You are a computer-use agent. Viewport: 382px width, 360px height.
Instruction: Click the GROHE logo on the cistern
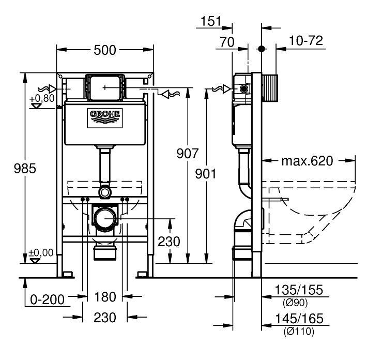click(105, 118)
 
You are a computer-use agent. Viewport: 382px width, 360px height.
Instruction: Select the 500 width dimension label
click(105, 51)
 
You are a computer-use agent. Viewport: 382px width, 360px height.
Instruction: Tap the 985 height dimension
click(25, 169)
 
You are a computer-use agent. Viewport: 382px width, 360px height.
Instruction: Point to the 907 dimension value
click(188, 154)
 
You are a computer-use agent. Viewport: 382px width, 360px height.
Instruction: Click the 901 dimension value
click(206, 174)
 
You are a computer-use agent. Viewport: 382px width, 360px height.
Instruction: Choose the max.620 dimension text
click(307, 161)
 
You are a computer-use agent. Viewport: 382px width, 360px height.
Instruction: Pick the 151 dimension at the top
click(211, 21)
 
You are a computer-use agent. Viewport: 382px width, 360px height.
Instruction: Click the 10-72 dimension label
click(306, 40)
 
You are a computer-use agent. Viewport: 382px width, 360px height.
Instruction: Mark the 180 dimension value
click(105, 297)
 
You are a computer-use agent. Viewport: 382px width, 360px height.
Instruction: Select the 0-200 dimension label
click(47, 299)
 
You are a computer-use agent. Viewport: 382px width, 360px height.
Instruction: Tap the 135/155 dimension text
click(299, 290)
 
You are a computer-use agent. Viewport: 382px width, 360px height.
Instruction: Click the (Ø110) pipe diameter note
click(299, 332)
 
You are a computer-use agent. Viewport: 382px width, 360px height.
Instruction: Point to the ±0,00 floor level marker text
click(41, 253)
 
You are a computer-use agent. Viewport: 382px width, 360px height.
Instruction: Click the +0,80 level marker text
click(42, 98)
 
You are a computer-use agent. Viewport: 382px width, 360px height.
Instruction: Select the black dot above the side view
click(262, 49)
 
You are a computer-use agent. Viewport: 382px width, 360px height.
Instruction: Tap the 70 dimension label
click(227, 42)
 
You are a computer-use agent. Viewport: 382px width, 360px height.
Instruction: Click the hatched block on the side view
click(270, 88)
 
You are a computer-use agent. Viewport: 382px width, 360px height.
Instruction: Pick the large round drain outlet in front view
click(105, 218)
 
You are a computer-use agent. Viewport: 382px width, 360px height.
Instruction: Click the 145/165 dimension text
click(299, 318)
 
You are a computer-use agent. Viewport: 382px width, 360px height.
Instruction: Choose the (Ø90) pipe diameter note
click(295, 303)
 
